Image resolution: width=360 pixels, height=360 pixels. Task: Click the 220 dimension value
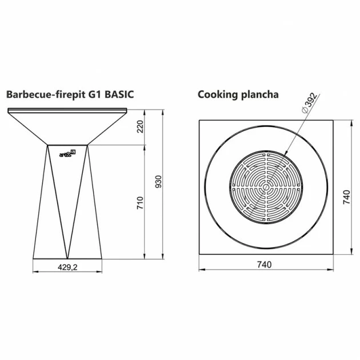point(140,126)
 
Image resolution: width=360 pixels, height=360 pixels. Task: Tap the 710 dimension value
point(140,203)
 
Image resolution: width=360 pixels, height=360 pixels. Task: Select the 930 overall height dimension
point(159,182)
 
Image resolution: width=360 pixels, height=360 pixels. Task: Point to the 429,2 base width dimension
point(67,267)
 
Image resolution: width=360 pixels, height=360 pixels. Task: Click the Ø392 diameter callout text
point(310,103)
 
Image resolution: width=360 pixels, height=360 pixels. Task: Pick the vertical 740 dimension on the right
point(346,197)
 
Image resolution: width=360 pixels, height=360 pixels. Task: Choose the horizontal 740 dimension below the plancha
point(264,265)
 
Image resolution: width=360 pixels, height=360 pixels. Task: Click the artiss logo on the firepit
point(67,154)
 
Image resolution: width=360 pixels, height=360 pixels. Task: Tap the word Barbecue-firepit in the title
point(46,95)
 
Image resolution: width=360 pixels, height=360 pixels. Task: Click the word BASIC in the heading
point(119,94)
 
